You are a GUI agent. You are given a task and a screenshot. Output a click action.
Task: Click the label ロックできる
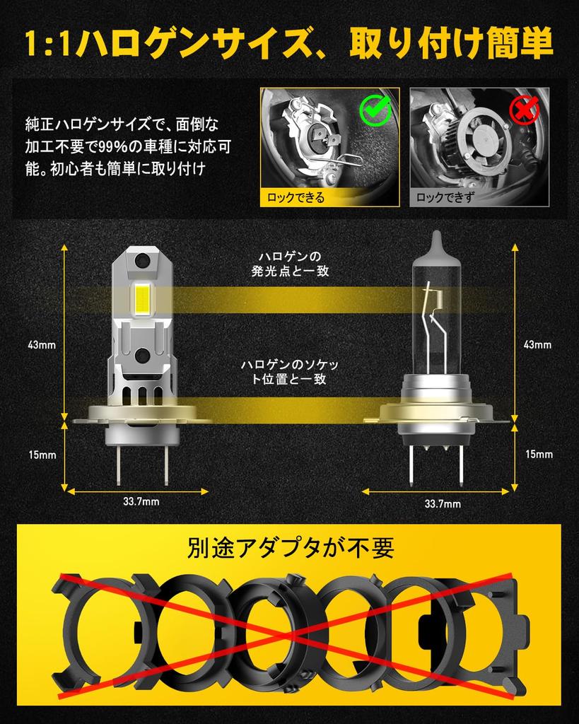296,197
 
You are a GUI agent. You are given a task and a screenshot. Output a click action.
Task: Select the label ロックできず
443,197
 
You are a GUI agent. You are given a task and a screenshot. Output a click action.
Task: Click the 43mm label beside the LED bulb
42,345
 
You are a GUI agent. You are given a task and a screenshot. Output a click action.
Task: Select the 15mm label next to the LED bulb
42,455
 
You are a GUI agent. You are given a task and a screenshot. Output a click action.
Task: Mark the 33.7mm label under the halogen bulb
443,503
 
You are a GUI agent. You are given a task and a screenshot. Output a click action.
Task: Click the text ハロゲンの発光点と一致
290,263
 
